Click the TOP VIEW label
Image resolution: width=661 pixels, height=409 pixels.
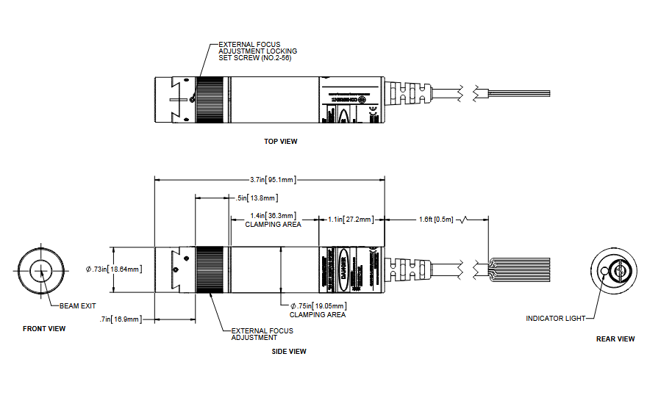281,142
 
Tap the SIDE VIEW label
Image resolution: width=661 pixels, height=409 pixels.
289,352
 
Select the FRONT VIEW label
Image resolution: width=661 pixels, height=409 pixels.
44,329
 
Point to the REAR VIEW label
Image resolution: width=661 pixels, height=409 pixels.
615,339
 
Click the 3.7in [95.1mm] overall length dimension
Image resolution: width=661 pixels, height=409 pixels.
273,179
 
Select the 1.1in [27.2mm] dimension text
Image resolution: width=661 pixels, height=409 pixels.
351,219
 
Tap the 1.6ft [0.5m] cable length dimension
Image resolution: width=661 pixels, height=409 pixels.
436,219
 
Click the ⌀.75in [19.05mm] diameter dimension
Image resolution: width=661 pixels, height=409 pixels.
317,305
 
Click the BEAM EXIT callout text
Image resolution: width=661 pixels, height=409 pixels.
79,305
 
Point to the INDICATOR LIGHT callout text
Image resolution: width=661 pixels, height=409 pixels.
556,319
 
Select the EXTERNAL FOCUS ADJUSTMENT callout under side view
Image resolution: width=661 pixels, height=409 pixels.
262,334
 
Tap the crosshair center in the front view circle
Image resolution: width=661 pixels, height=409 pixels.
42,271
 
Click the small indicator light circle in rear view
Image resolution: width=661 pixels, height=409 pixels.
605,271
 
